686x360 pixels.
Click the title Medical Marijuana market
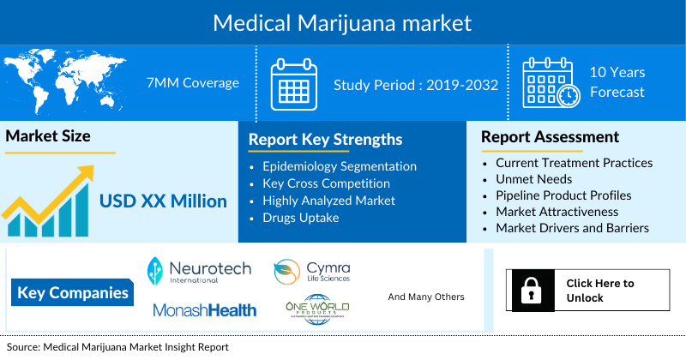click(343, 21)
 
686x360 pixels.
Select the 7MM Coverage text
click(193, 83)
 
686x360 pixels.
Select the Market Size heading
click(48, 136)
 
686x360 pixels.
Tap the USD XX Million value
click(163, 201)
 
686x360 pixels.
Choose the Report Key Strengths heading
click(325, 139)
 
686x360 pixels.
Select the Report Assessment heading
click(550, 137)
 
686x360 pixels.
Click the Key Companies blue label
click(73, 293)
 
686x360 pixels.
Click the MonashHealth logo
click(204, 310)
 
